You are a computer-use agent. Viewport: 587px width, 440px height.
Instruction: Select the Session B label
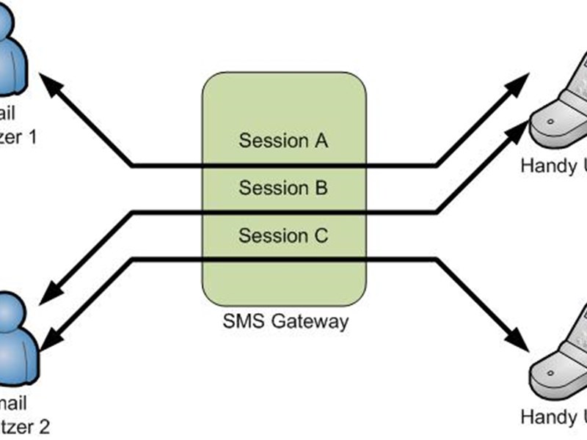point(283,188)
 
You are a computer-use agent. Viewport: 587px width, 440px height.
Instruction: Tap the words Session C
point(283,236)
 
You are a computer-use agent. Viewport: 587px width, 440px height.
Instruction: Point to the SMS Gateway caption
point(285,320)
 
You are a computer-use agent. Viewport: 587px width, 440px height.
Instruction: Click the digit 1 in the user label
point(31,136)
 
